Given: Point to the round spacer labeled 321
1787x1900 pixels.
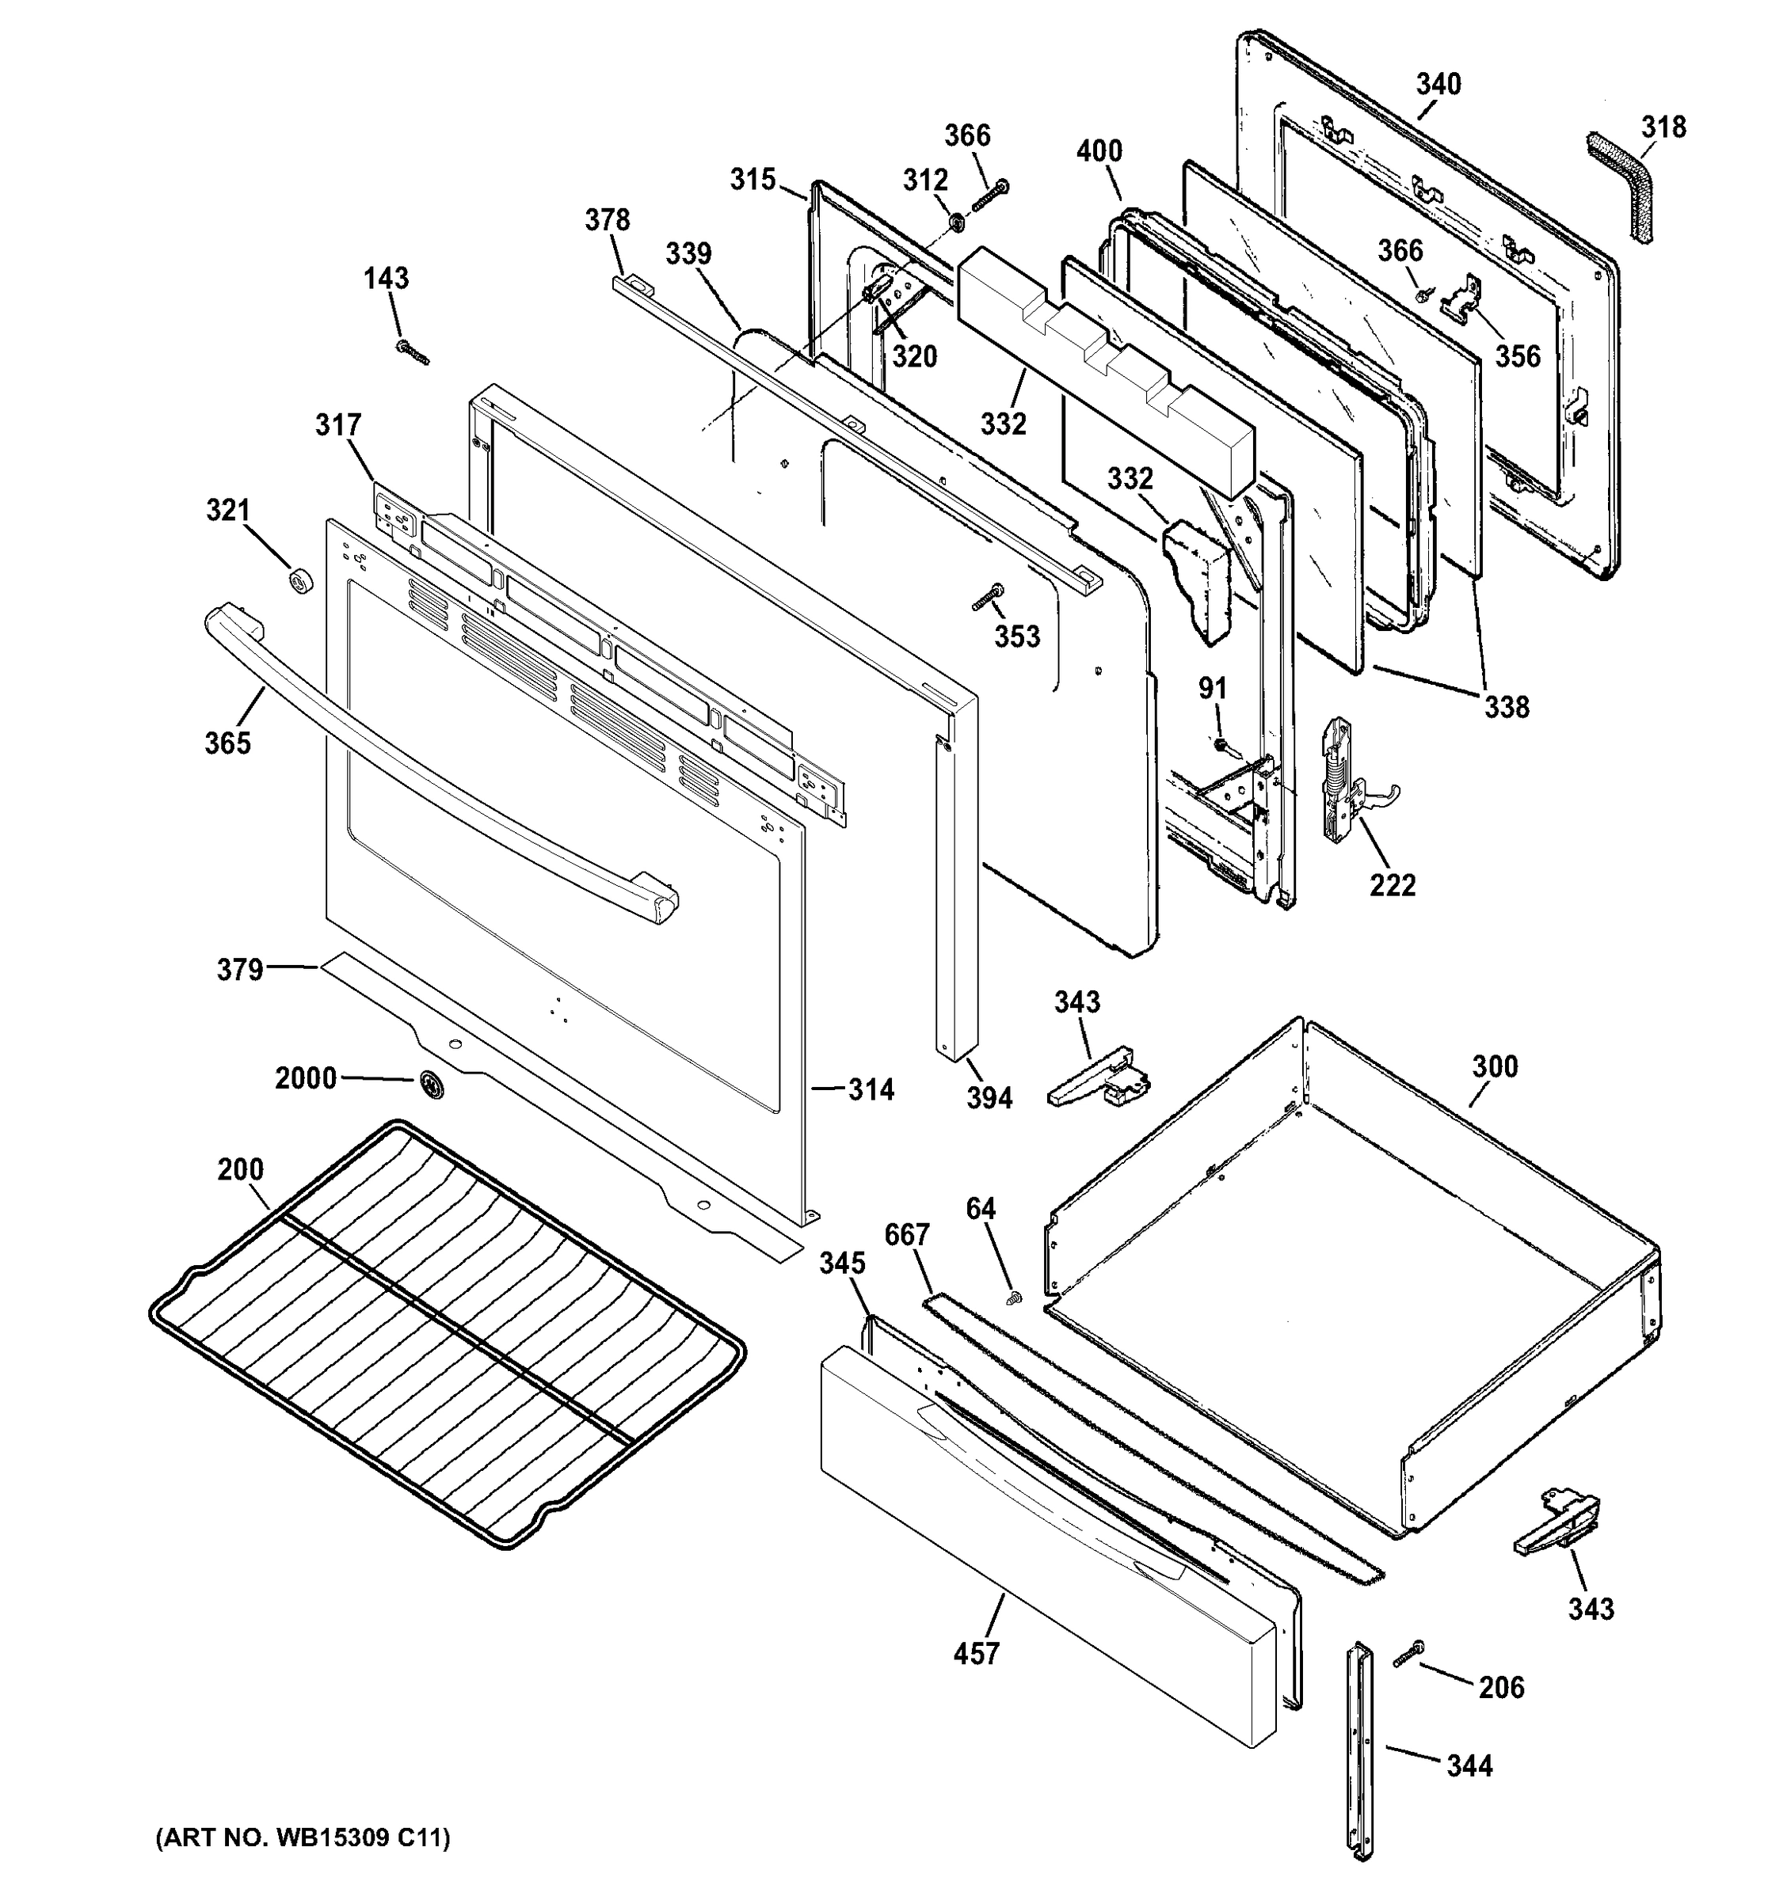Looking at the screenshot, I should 302,580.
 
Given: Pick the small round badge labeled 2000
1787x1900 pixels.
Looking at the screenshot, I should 430,1082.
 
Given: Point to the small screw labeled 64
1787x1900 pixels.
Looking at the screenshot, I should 1015,1298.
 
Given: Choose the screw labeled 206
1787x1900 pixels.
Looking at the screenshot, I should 1408,1654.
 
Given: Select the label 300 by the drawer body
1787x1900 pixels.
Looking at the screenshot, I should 1495,1066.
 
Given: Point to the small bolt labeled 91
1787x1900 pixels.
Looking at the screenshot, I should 1221,743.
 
